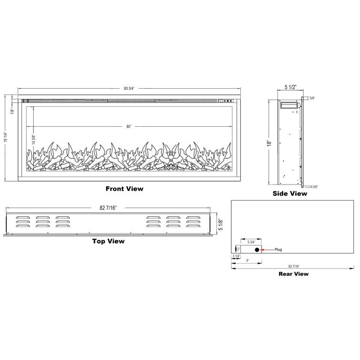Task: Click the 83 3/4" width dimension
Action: (x=129, y=88)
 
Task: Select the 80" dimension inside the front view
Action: (x=129, y=126)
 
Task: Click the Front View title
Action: (x=124, y=189)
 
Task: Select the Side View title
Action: (x=290, y=194)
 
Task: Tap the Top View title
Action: (x=108, y=241)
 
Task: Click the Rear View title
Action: (x=293, y=274)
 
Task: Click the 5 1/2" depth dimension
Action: (x=291, y=87)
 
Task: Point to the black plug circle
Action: (x=257, y=250)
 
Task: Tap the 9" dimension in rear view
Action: (x=247, y=260)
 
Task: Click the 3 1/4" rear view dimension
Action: (x=237, y=257)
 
